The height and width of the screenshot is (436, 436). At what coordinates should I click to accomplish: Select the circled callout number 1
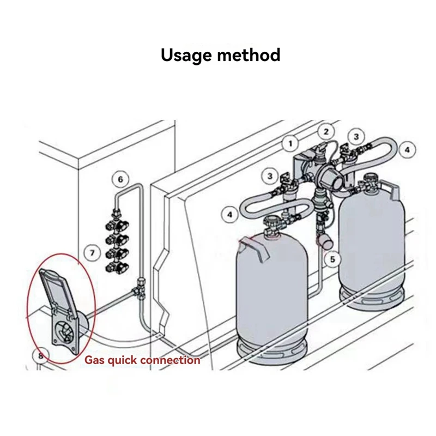tap(290, 144)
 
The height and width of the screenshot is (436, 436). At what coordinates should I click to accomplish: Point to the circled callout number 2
tap(326, 131)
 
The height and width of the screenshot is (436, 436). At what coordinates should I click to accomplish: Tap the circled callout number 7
tap(93, 252)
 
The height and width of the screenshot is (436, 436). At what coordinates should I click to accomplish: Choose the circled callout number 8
tap(40, 356)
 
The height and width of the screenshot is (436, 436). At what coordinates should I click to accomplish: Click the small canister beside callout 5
tap(324, 240)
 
